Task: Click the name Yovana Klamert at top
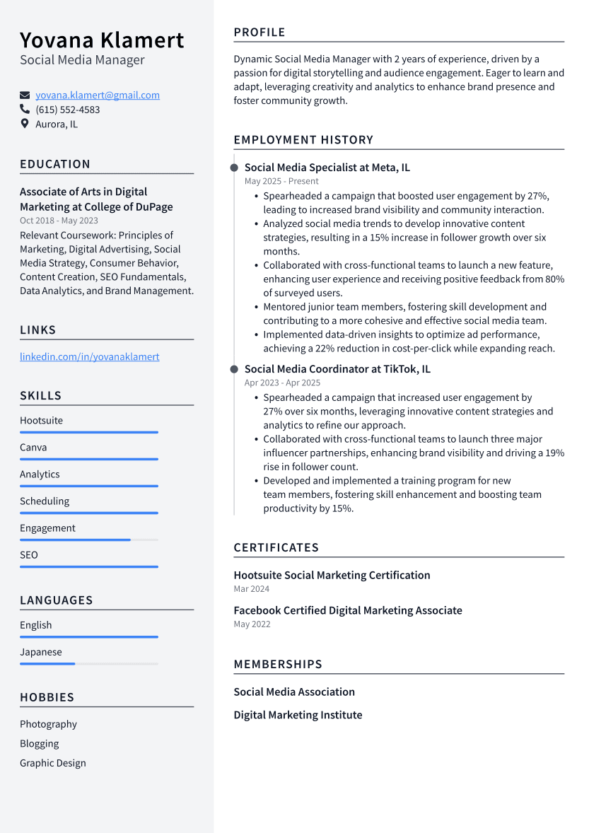[x=102, y=40]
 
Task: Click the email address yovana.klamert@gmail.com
[x=98, y=95]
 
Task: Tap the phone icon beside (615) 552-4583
[x=25, y=110]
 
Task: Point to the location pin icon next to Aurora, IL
[x=25, y=124]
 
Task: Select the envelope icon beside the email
[x=25, y=95]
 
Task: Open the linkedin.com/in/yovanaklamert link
[x=89, y=357]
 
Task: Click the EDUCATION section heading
[x=55, y=164]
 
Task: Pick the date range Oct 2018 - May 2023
[x=59, y=221]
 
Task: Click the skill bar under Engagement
[x=88, y=540]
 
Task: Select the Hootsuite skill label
[x=41, y=421]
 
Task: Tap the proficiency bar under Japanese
[x=88, y=664]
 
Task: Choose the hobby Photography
[x=48, y=724]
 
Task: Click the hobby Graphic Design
[x=53, y=763]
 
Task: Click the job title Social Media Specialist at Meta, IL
[x=327, y=168]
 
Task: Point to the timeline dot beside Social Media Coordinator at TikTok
[x=234, y=369]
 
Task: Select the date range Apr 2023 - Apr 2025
[x=282, y=383]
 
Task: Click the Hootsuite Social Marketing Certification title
[x=332, y=576]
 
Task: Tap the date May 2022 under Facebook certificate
[x=252, y=624]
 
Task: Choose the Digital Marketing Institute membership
[x=298, y=715]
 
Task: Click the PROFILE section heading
[x=259, y=33]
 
